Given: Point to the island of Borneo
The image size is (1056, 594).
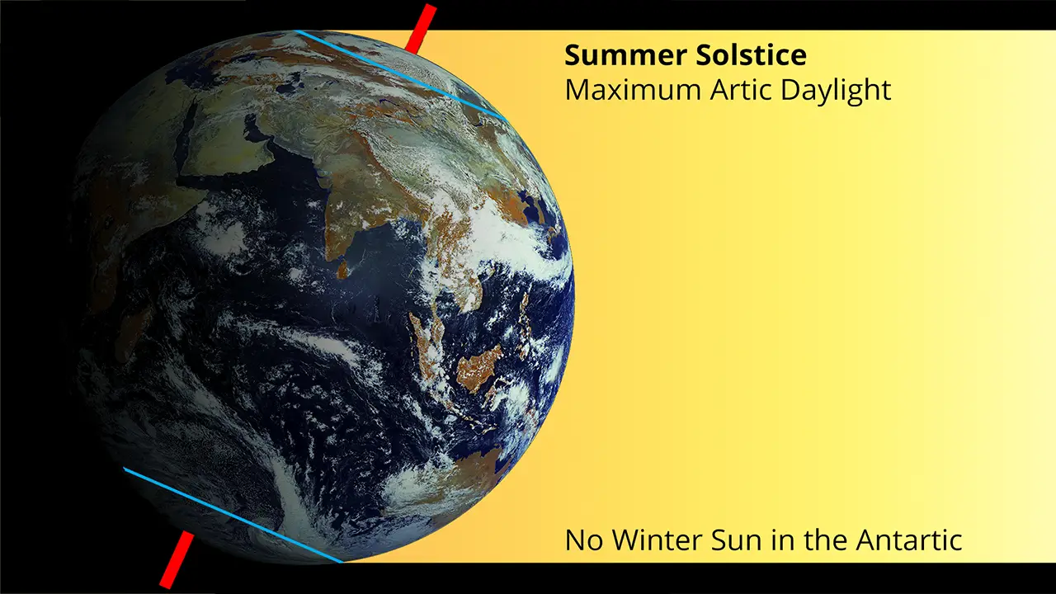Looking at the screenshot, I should (x=478, y=367).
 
